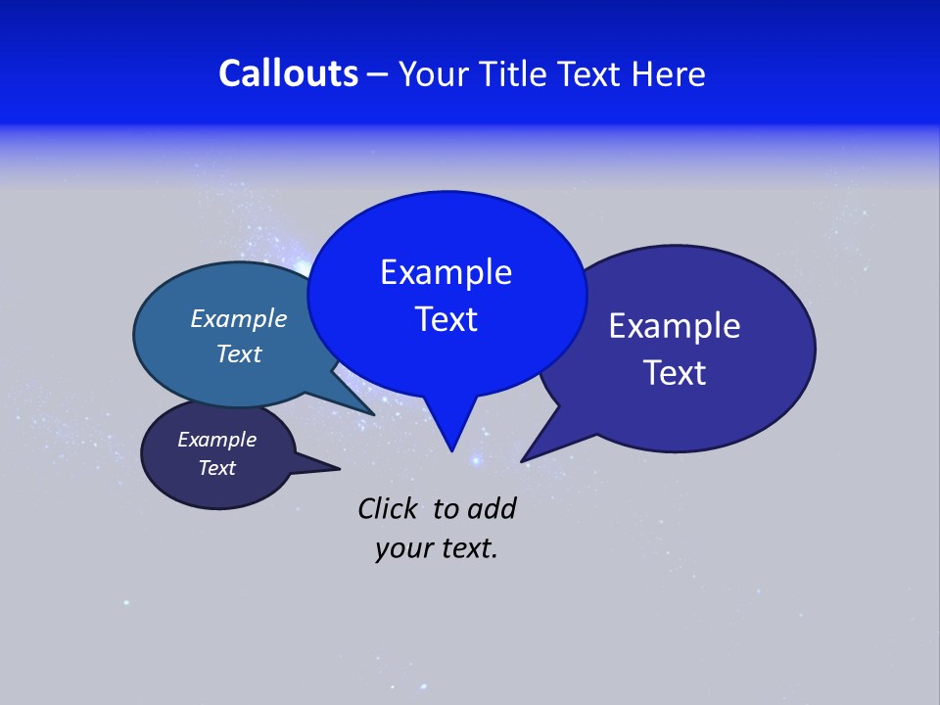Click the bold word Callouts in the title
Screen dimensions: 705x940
coord(288,73)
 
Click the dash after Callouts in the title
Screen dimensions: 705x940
coord(378,74)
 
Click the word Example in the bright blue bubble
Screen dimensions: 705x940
coord(446,272)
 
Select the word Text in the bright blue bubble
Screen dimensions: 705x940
coord(446,319)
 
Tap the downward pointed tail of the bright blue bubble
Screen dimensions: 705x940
coord(451,436)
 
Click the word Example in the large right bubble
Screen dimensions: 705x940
coord(675,326)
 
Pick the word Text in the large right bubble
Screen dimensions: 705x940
coord(675,373)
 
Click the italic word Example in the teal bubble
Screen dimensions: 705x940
coord(238,318)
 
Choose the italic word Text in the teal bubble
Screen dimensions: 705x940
coord(238,353)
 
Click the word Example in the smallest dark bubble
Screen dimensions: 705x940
coord(216,440)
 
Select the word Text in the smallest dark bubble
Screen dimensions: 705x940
coord(216,468)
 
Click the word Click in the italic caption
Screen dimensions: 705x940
coord(389,508)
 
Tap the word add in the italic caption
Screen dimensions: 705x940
coord(491,508)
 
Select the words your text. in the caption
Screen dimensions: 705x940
coord(436,548)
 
